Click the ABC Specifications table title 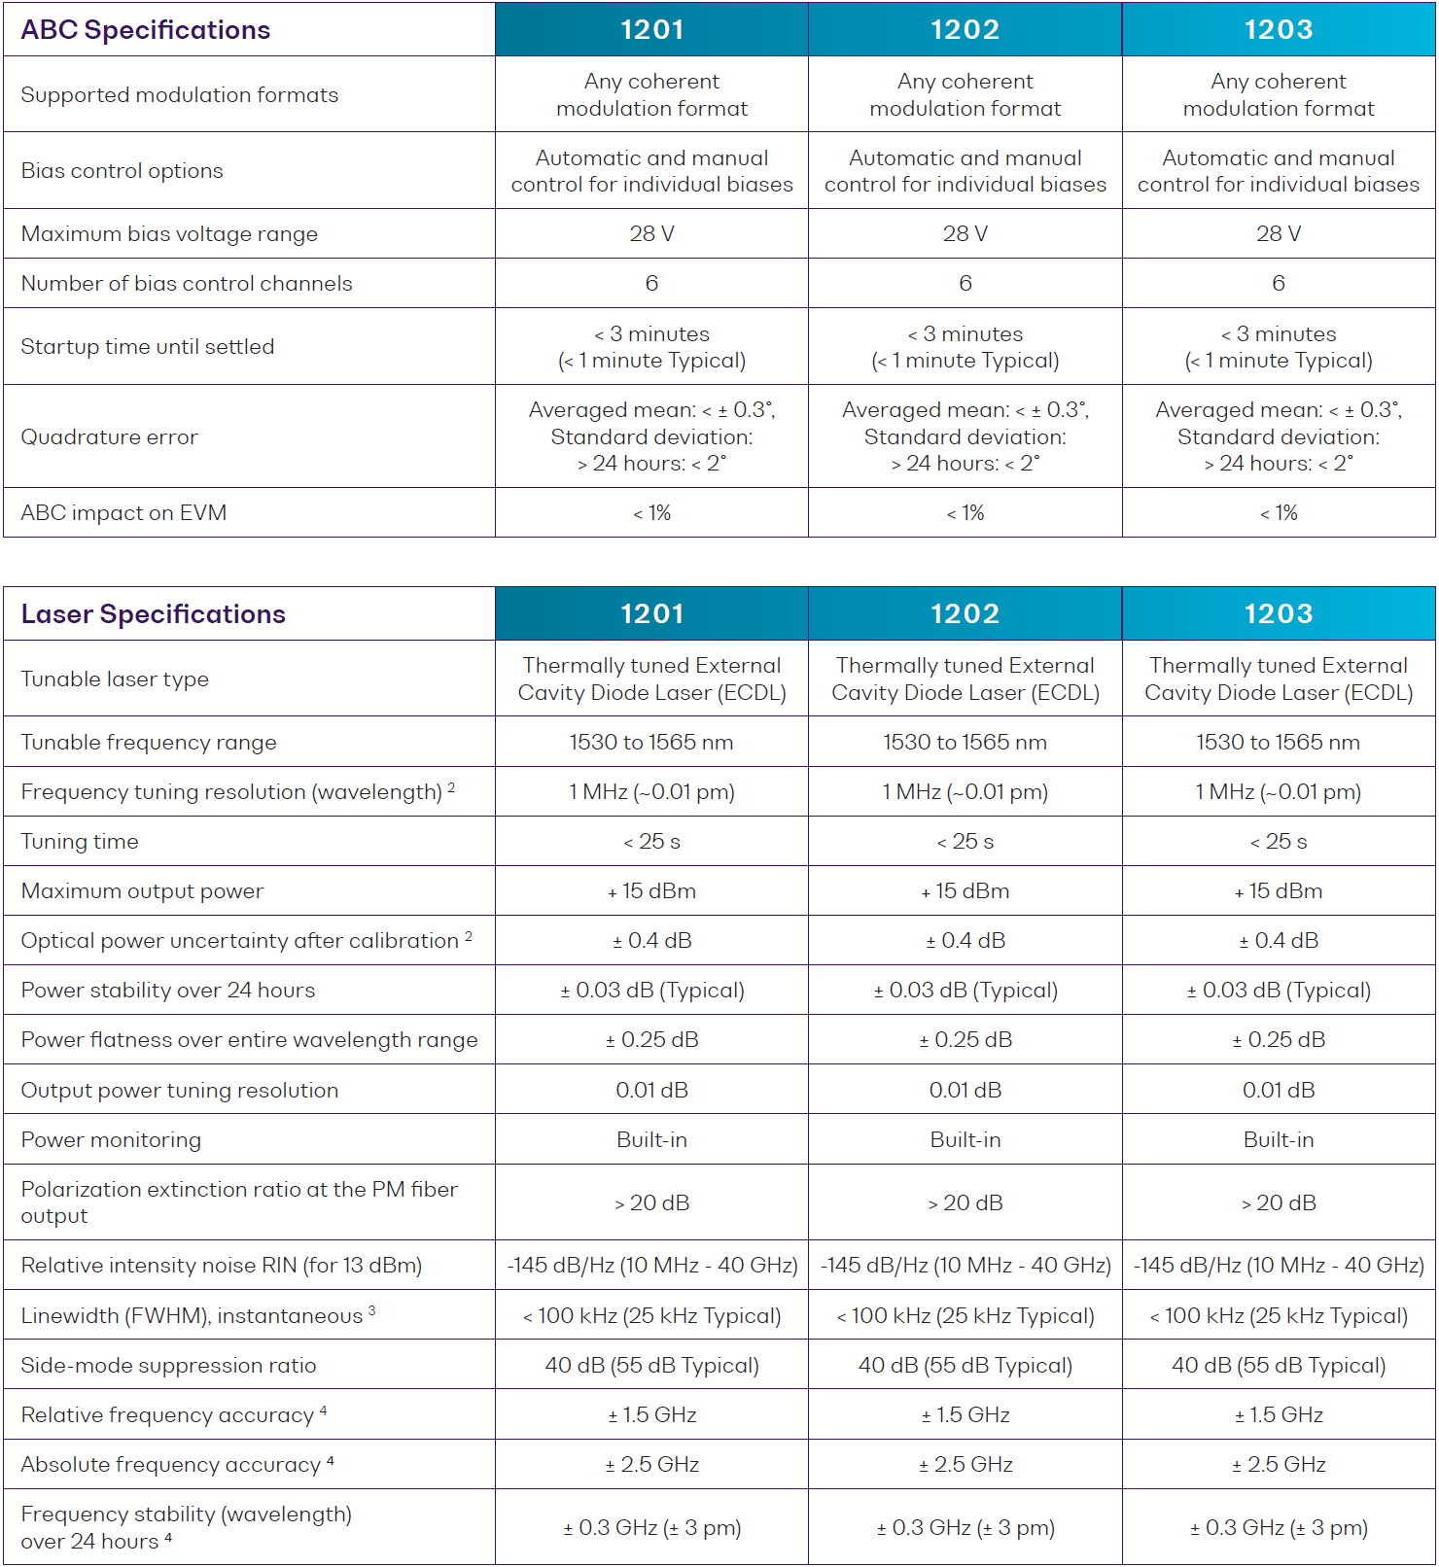[x=146, y=30]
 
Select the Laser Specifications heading [x=154, y=614]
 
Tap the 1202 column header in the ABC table [x=965, y=30]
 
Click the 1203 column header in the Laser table [x=1279, y=614]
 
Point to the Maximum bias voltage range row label [x=169, y=234]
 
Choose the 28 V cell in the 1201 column [x=651, y=234]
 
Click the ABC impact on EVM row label [x=123, y=513]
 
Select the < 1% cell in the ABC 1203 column [x=1279, y=513]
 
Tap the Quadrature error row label [x=109, y=437]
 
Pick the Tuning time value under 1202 [x=965, y=842]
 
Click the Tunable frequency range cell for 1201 [x=651, y=743]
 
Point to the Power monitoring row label [x=111, y=1140]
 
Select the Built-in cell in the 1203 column [x=1279, y=1140]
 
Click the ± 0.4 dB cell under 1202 [x=965, y=941]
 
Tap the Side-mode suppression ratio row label [x=168, y=1366]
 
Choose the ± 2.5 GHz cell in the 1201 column [x=651, y=1465]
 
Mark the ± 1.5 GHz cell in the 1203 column [x=1279, y=1415]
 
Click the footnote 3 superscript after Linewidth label [x=371, y=1310]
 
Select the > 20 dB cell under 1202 [x=965, y=1203]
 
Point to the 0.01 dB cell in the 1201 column [x=651, y=1091]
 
